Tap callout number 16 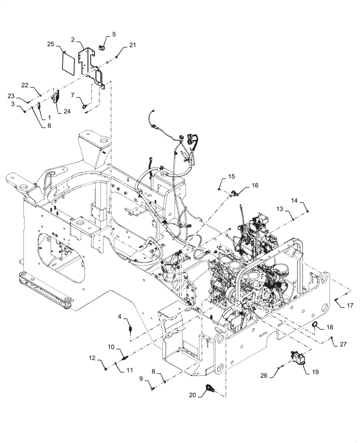click(x=255, y=186)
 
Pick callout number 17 click(x=349, y=305)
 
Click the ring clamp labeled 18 click(x=316, y=326)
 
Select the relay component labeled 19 click(x=297, y=358)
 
